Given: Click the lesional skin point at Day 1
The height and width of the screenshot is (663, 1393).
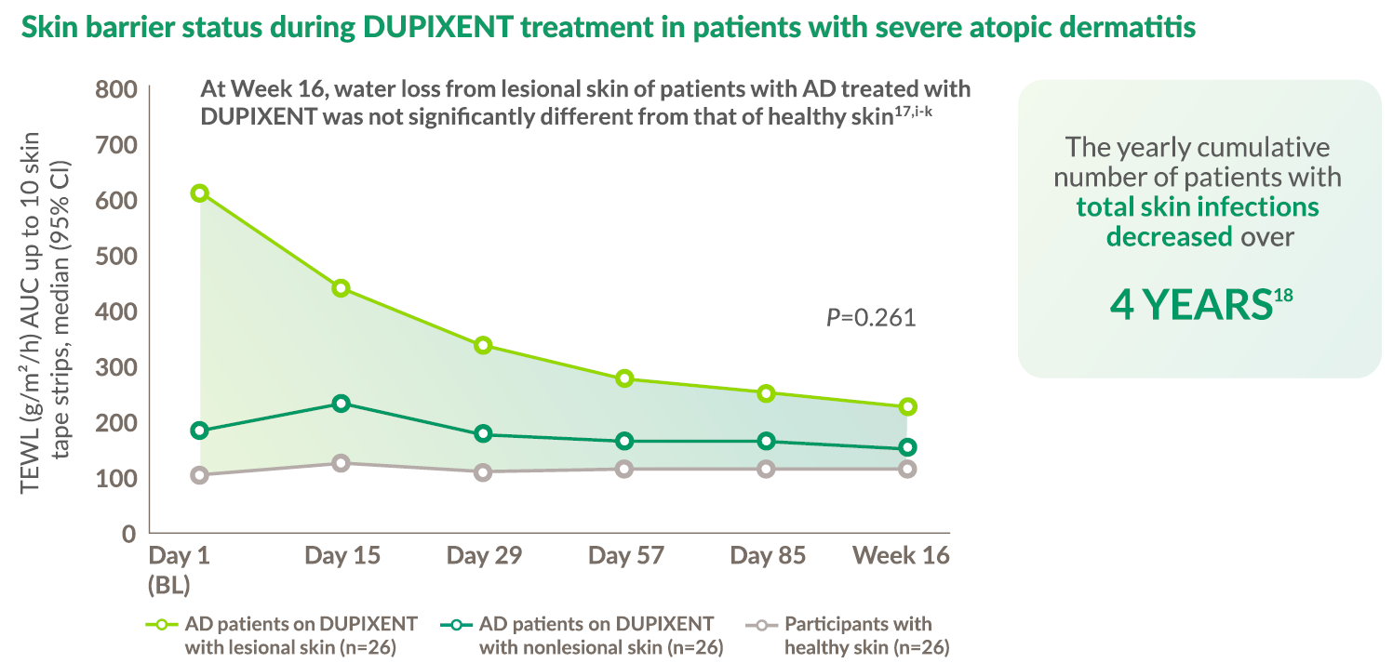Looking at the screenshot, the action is click(200, 193).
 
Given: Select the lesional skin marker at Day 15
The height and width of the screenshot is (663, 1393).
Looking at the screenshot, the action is click(341, 288).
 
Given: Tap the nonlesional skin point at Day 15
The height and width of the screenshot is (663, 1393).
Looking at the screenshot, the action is click(341, 404).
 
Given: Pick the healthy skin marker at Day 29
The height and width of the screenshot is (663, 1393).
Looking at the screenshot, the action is click(483, 472).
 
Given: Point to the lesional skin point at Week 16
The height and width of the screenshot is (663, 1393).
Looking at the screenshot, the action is click(908, 407).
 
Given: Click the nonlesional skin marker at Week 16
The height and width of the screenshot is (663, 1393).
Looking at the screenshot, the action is click(908, 447).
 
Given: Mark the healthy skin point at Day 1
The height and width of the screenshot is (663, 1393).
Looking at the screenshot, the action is click(200, 475).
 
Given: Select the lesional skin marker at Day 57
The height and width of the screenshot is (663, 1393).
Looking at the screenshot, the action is click(625, 378).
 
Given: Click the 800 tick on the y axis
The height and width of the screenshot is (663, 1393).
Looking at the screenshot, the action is click(116, 89).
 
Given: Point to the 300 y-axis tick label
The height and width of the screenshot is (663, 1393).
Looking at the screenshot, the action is click(116, 367).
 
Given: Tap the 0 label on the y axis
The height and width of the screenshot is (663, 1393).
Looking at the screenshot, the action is click(128, 534).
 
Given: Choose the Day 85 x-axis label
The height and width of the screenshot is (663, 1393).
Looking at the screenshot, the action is click(768, 555).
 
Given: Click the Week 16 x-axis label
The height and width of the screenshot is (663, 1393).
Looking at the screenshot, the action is click(901, 555).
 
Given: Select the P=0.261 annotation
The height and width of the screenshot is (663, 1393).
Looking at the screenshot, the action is click(871, 317).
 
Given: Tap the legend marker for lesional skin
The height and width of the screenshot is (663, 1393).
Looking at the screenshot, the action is click(162, 625).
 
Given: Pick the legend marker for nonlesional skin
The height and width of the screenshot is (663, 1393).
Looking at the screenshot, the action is click(456, 625).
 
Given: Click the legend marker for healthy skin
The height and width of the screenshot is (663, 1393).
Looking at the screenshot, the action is click(761, 625).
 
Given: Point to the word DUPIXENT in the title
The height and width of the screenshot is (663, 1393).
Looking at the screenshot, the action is click(438, 27).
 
